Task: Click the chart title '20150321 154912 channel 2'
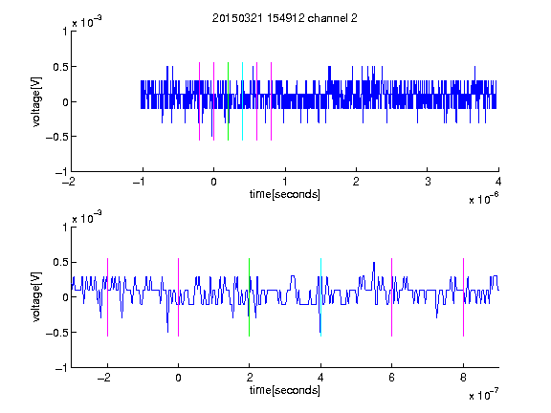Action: (x=285, y=18)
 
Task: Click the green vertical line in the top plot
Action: (x=229, y=101)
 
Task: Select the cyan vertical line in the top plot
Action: (x=242, y=101)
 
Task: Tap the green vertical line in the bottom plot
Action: (x=249, y=297)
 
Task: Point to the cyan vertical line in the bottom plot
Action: (x=320, y=297)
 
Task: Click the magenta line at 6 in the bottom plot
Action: (x=392, y=297)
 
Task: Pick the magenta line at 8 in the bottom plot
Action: (x=464, y=297)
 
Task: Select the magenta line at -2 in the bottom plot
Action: (x=107, y=297)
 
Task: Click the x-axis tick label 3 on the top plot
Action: (x=428, y=182)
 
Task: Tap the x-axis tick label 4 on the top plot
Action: (x=498, y=182)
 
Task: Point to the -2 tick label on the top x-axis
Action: (x=69, y=182)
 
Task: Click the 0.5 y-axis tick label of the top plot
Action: (x=59, y=67)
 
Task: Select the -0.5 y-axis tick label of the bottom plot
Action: (x=56, y=333)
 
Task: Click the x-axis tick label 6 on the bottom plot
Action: (x=392, y=378)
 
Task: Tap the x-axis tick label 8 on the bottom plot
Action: (x=464, y=378)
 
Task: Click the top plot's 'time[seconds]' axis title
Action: (x=285, y=194)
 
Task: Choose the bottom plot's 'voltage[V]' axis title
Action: (x=36, y=297)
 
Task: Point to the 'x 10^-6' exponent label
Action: (x=484, y=198)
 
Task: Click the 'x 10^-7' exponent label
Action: (x=484, y=394)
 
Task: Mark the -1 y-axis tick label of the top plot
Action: (x=61, y=172)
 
